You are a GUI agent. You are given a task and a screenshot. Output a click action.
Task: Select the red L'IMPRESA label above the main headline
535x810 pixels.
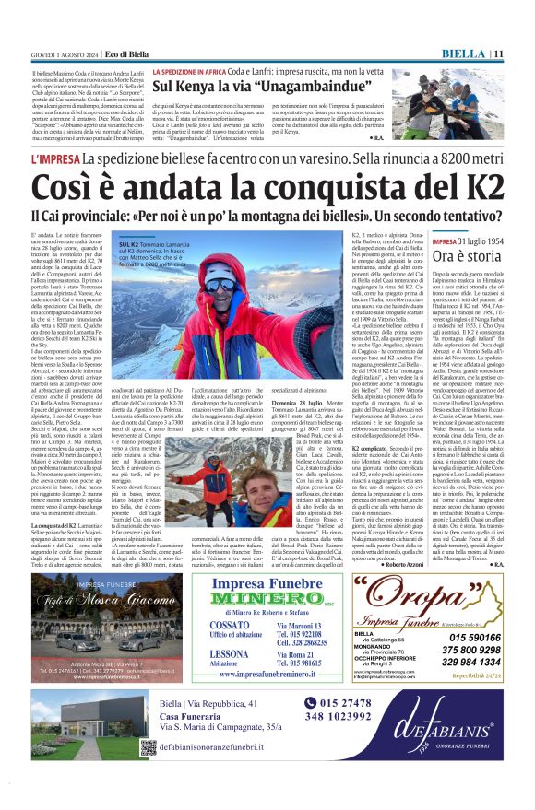pyautogui.click(x=54, y=159)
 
